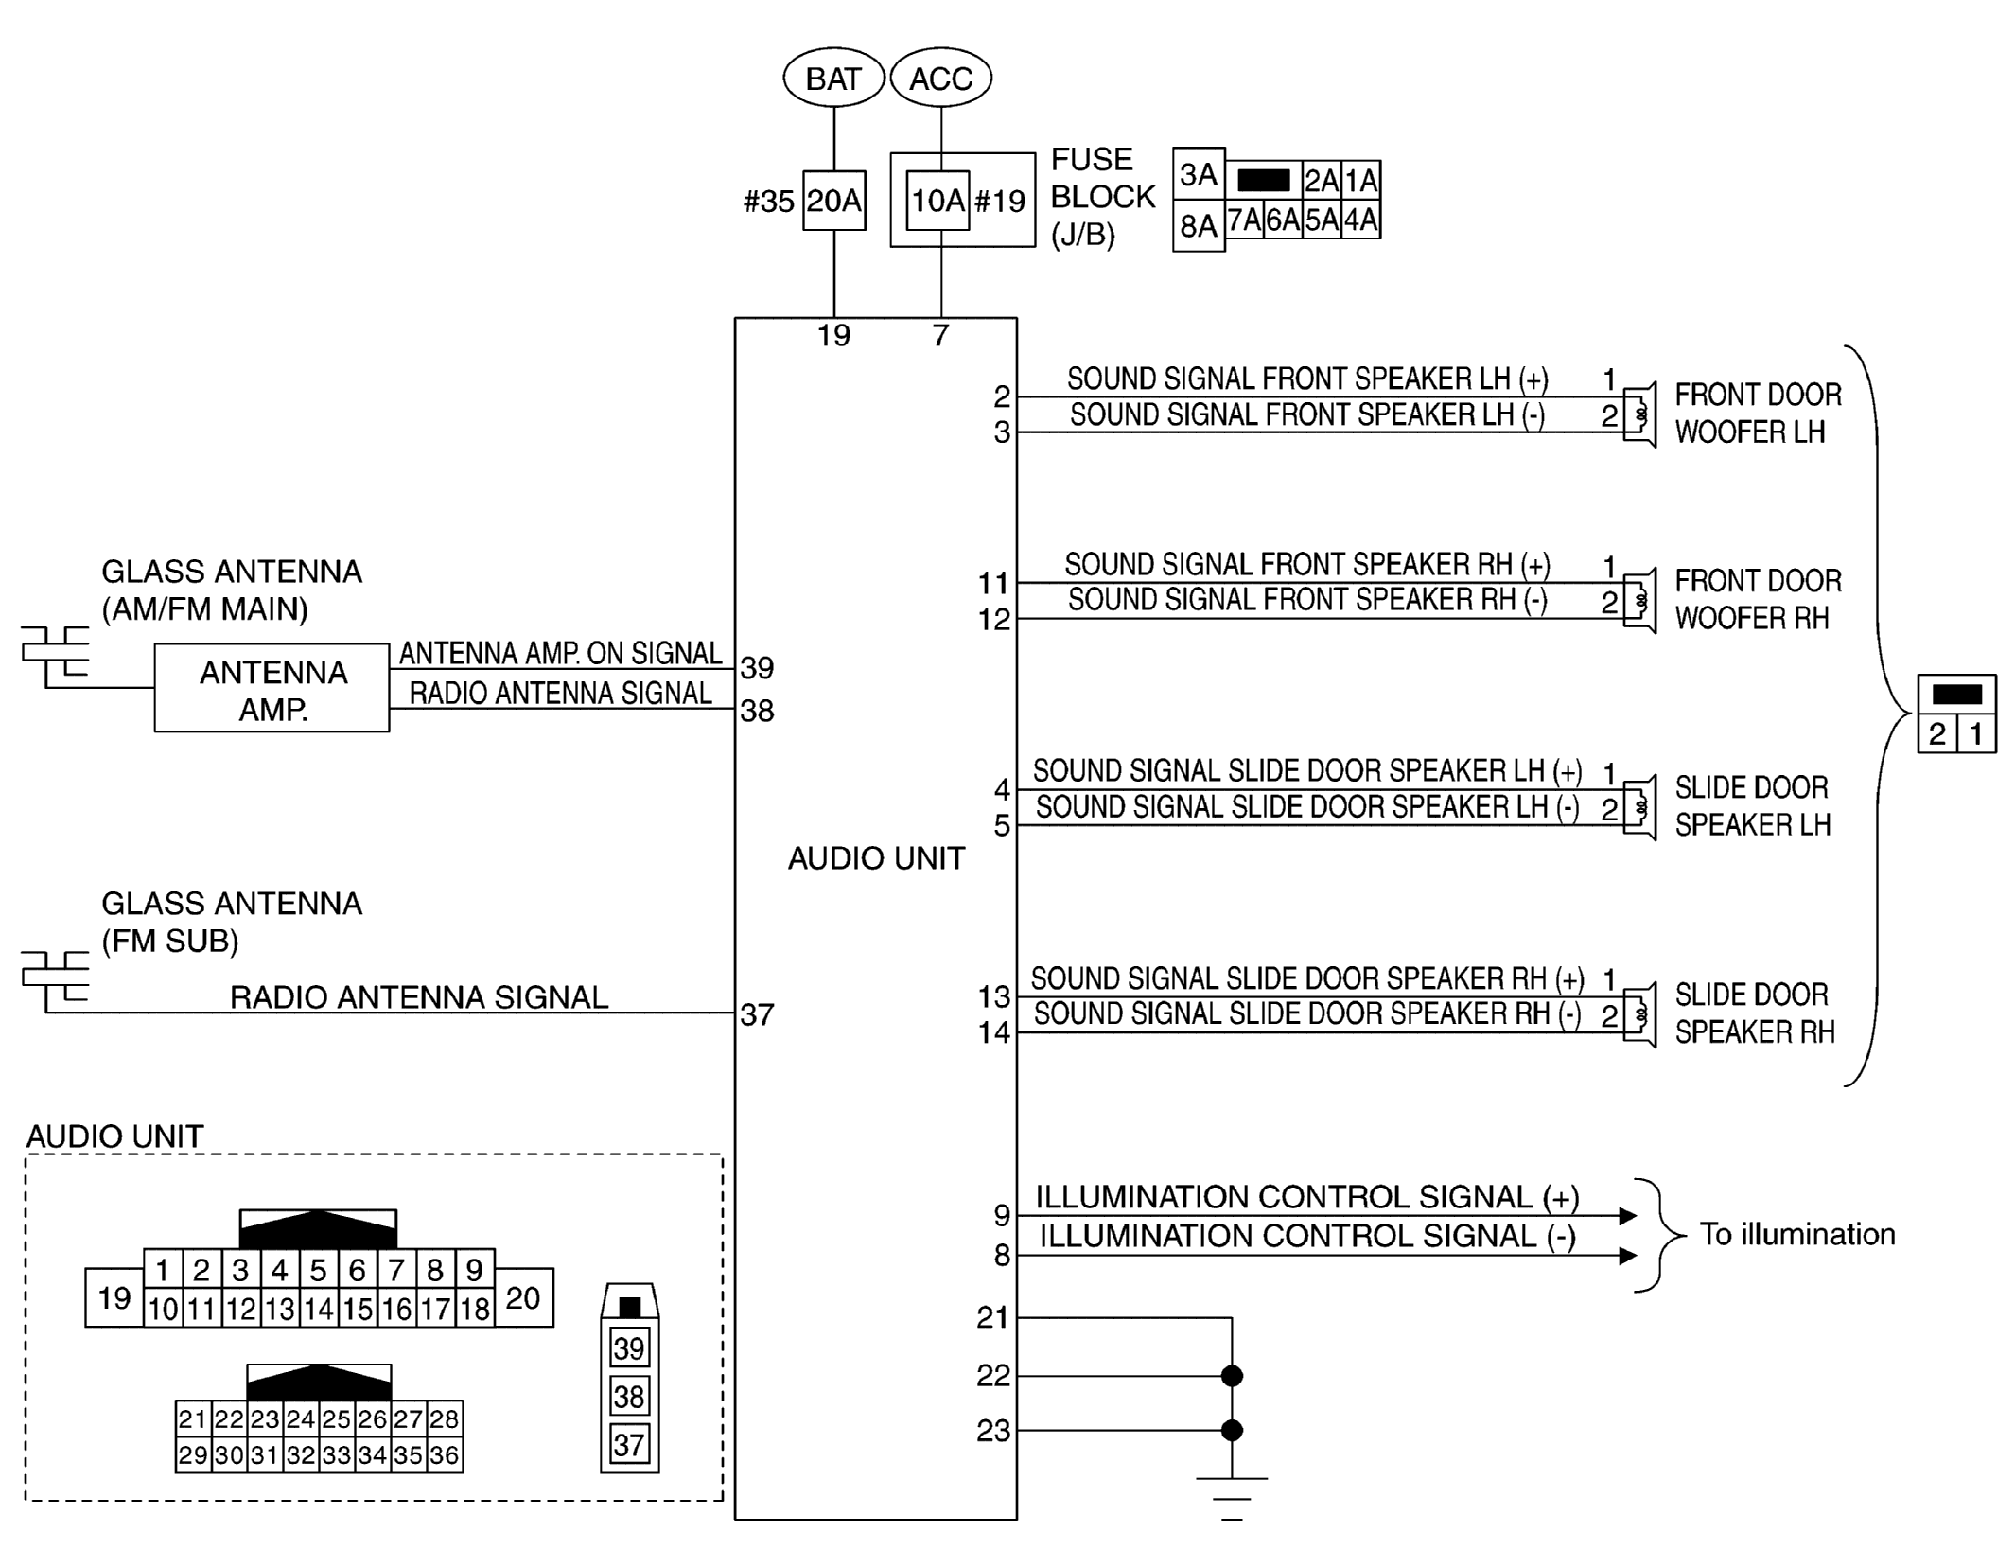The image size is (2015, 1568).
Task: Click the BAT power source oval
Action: (833, 79)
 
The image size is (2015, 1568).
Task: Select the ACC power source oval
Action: (940, 79)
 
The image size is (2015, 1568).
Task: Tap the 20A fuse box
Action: (833, 201)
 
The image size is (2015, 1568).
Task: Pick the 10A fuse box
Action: (937, 201)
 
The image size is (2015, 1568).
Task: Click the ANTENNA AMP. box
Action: (272, 689)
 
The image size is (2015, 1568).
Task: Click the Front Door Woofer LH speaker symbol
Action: (1640, 414)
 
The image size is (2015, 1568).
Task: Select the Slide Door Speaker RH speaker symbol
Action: (1640, 1015)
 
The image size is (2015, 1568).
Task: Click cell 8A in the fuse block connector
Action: (1198, 225)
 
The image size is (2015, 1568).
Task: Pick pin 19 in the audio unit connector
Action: (114, 1297)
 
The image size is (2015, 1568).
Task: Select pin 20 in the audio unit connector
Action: (523, 1297)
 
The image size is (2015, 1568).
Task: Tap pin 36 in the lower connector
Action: (444, 1454)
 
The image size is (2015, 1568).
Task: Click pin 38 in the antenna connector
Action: (629, 1396)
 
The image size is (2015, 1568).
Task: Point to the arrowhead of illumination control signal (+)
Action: (1627, 1216)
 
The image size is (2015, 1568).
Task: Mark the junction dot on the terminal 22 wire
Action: (1232, 1376)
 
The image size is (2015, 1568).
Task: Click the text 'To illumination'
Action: (1796, 1234)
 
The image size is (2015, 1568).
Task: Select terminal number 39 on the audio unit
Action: (757, 668)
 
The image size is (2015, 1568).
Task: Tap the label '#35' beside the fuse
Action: (768, 202)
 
